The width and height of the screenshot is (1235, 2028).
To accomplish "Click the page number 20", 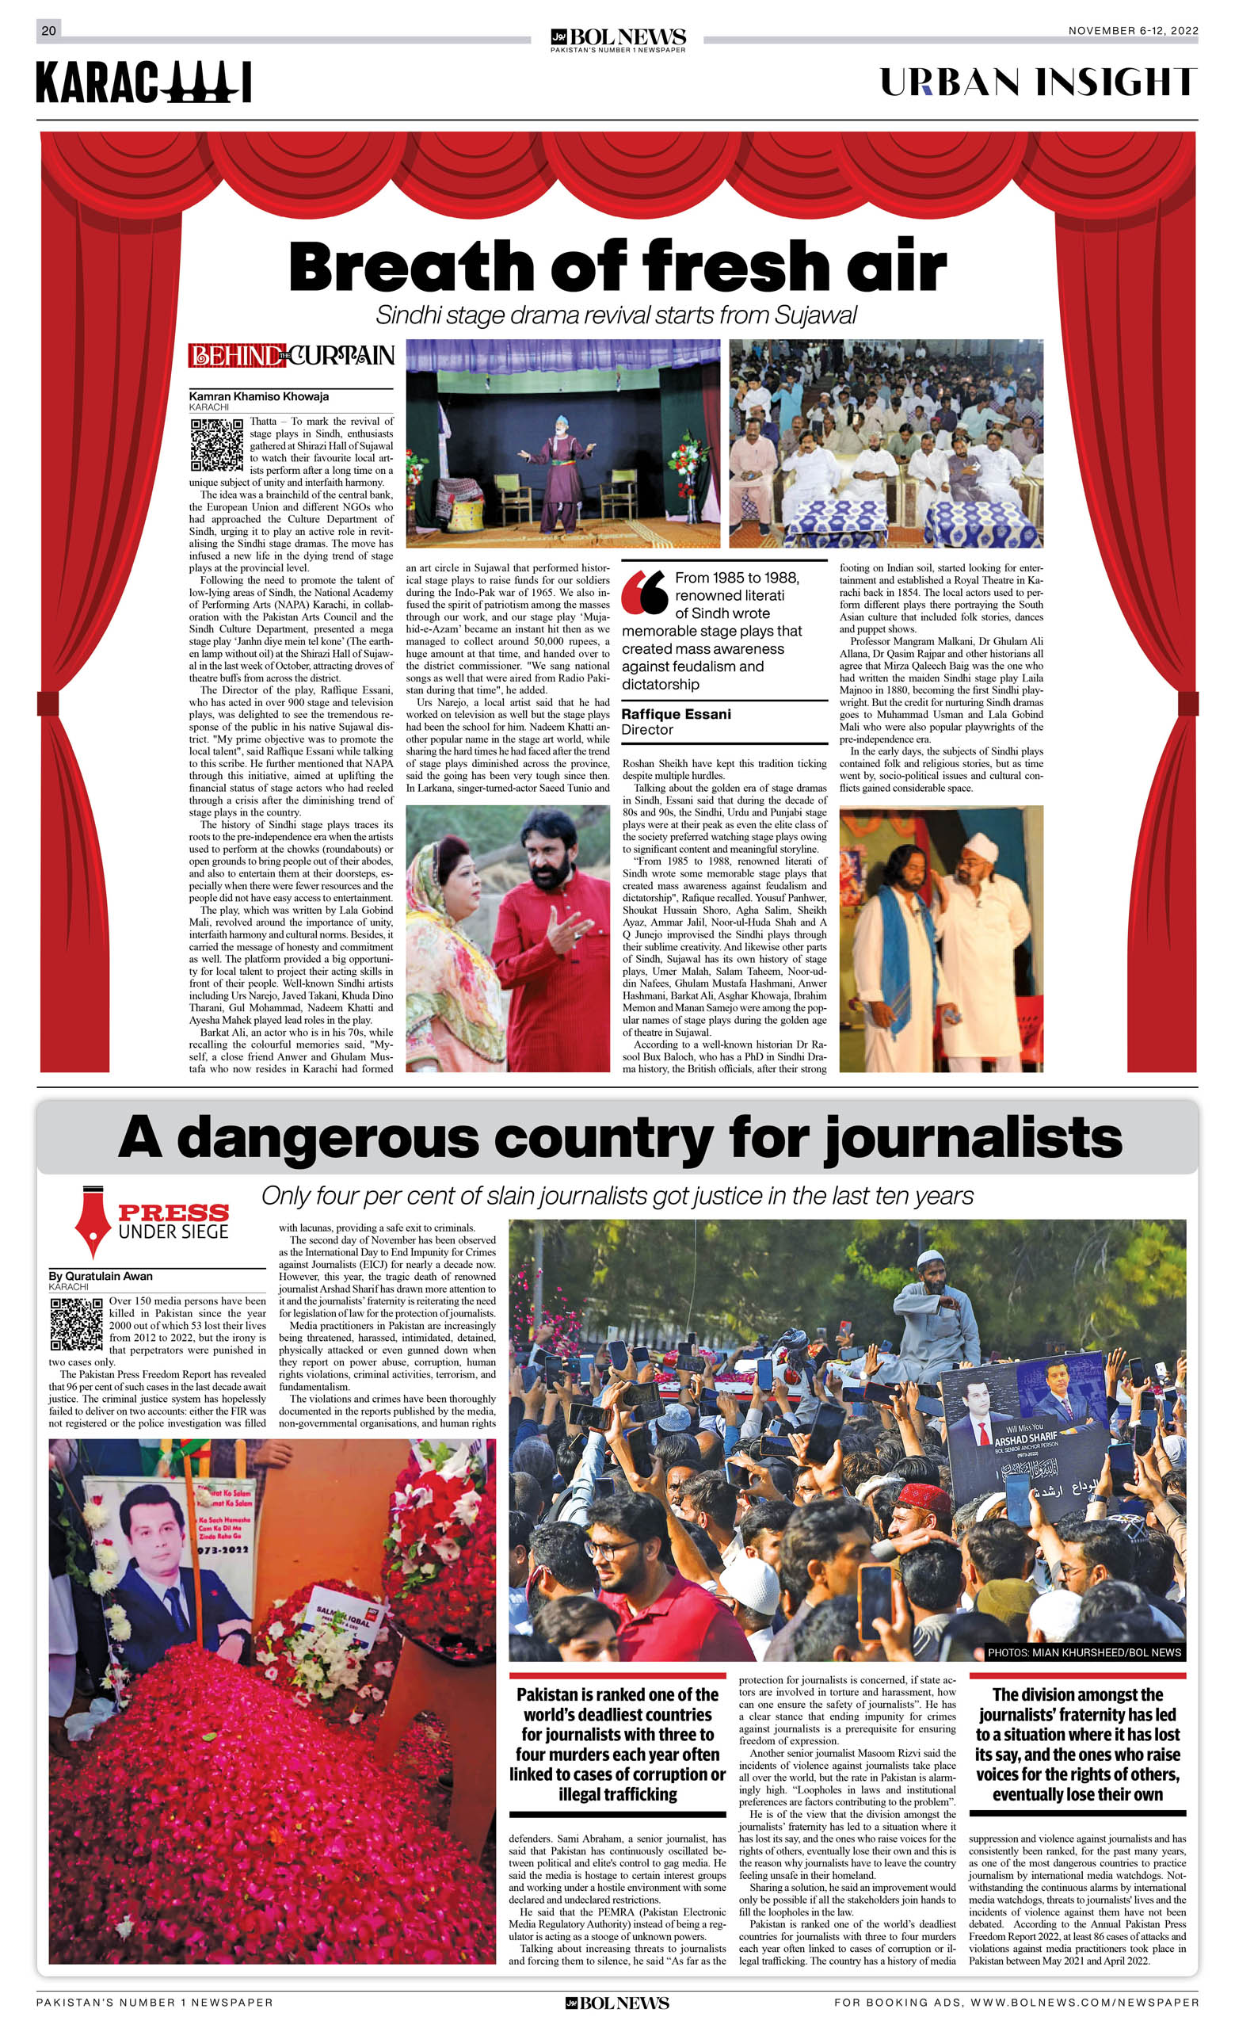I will pos(48,30).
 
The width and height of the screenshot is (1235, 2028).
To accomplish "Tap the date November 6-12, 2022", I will pos(1132,30).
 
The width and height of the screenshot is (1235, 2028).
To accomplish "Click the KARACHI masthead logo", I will pos(143,83).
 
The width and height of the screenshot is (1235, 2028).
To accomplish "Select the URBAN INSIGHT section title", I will pos(1039,82).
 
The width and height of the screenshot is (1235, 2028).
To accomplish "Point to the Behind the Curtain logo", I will pos(292,356).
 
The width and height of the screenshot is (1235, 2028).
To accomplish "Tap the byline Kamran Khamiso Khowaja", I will pos(258,396).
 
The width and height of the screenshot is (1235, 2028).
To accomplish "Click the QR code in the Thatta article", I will pos(216,445).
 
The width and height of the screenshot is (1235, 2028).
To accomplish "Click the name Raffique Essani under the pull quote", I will pos(676,713).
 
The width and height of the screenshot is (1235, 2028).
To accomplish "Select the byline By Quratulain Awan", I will pos(101,1276).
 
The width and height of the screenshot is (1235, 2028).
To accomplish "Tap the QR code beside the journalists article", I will pos(77,1323).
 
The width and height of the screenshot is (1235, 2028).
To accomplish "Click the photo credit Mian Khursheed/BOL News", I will pos(1084,1652).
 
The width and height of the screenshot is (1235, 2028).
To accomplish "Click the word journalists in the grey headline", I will pos(974,1138).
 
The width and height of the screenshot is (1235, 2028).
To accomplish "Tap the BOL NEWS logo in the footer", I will pos(617,2003).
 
